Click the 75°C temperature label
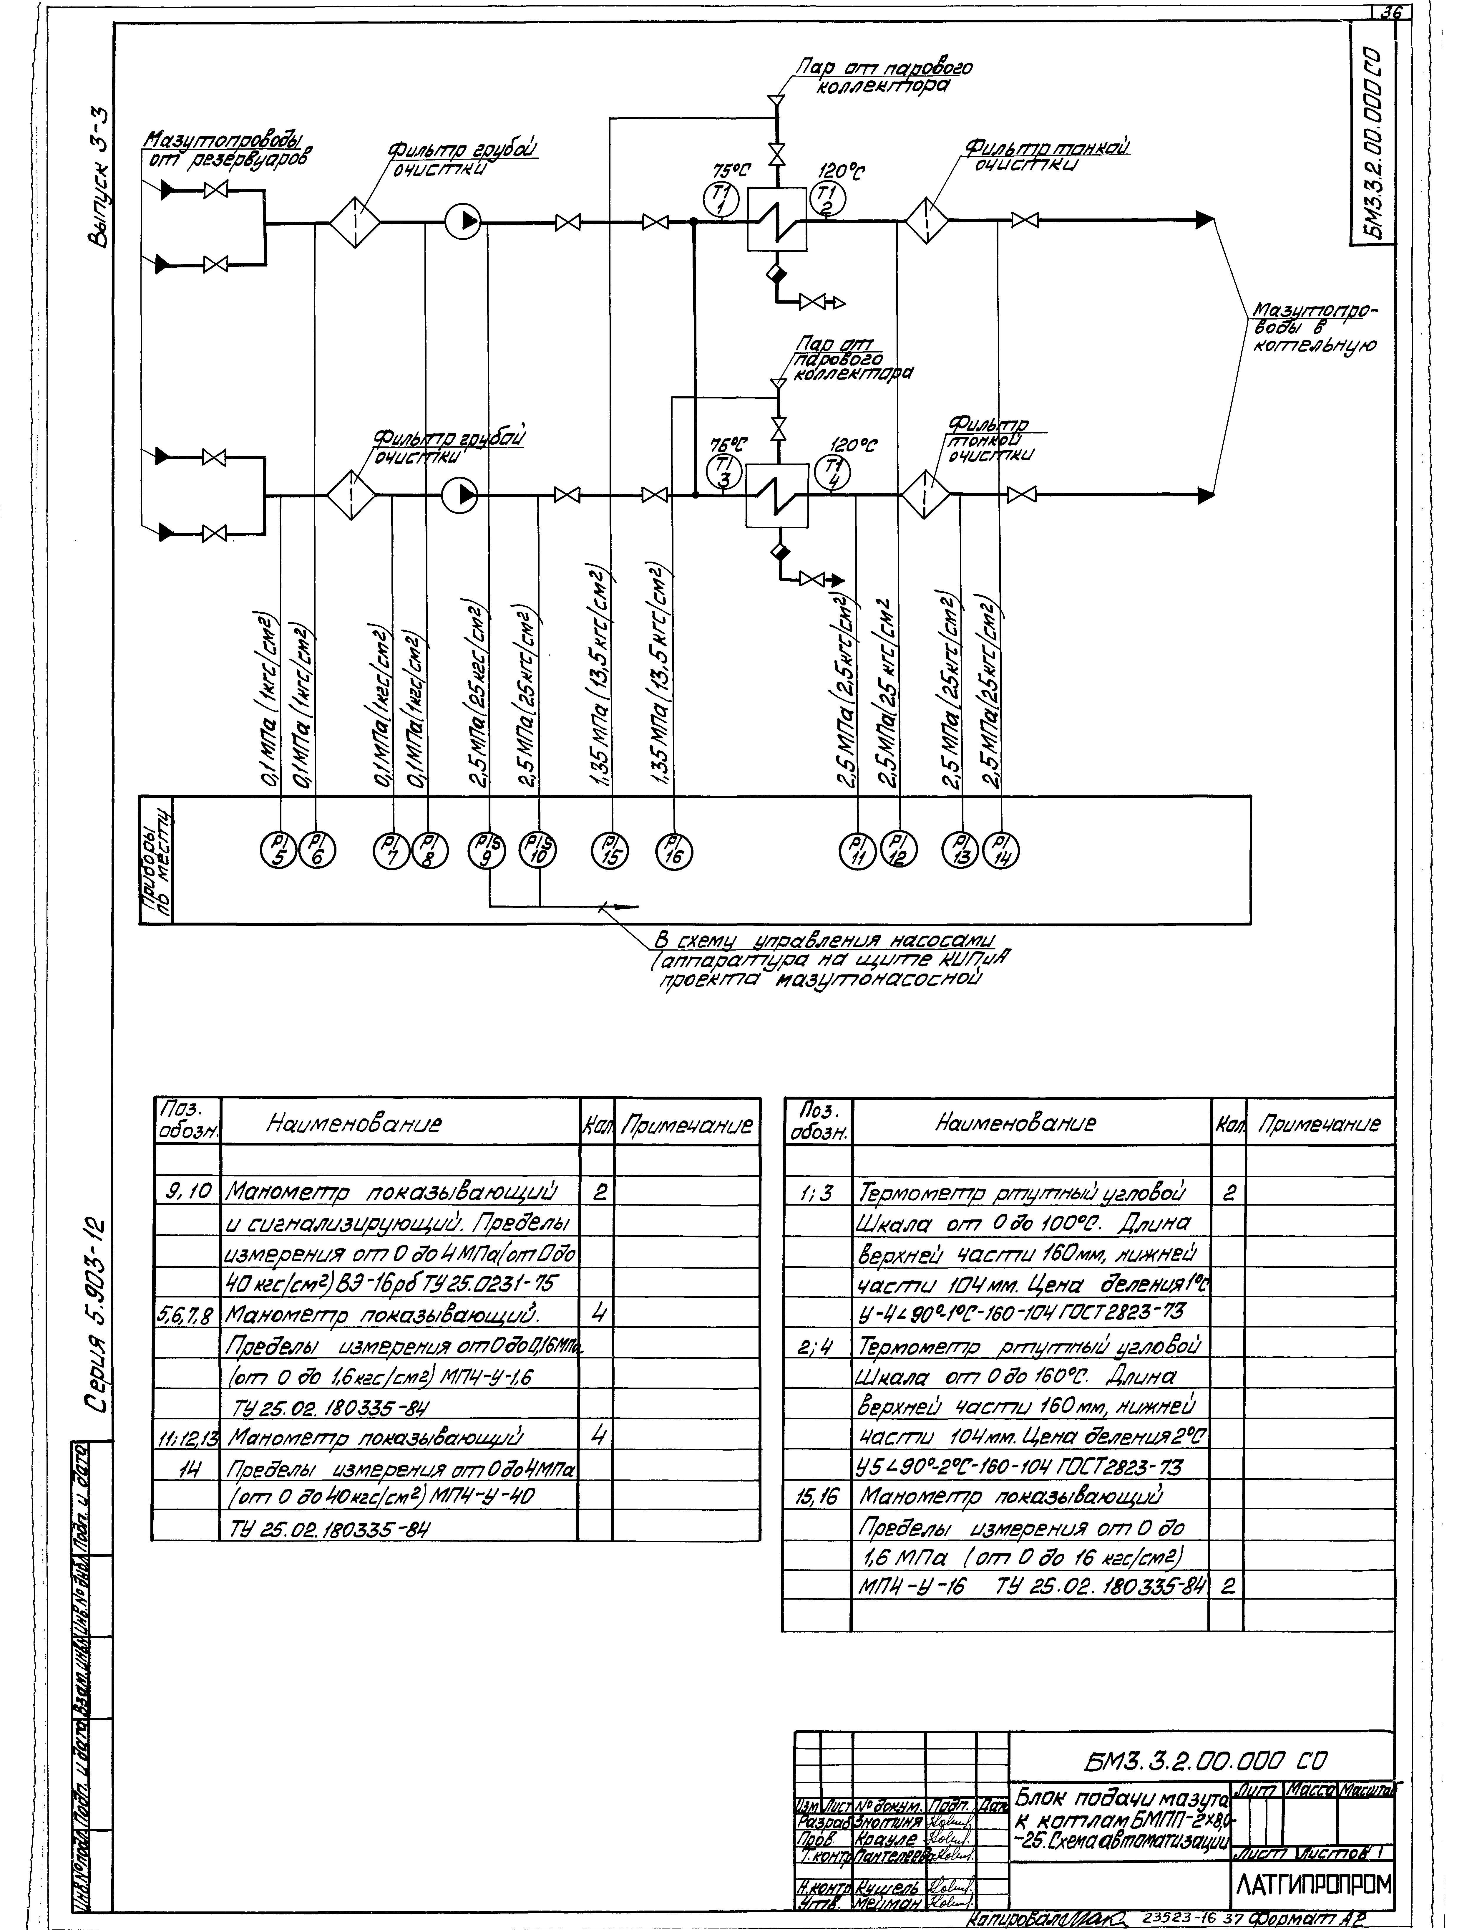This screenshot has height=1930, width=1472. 733,173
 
